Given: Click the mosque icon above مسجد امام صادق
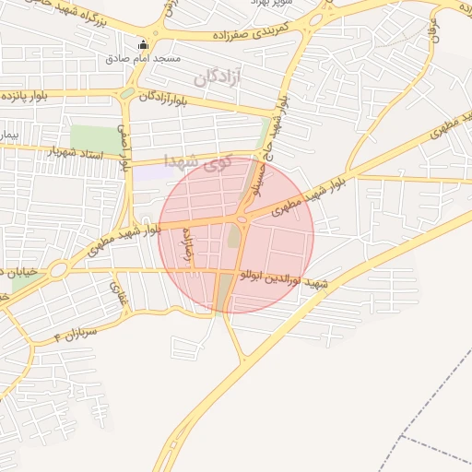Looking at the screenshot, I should click(142, 44).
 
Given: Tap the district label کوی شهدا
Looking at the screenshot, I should click(195, 161).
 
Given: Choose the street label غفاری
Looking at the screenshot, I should click(117, 294).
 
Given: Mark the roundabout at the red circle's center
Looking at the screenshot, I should click(242, 218).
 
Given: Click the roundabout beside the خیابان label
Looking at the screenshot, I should click(58, 270).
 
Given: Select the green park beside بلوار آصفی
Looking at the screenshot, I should click(97, 139).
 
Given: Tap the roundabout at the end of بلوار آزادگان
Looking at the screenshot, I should click(126, 93).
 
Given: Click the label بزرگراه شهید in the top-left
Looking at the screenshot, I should click(55, 14).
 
